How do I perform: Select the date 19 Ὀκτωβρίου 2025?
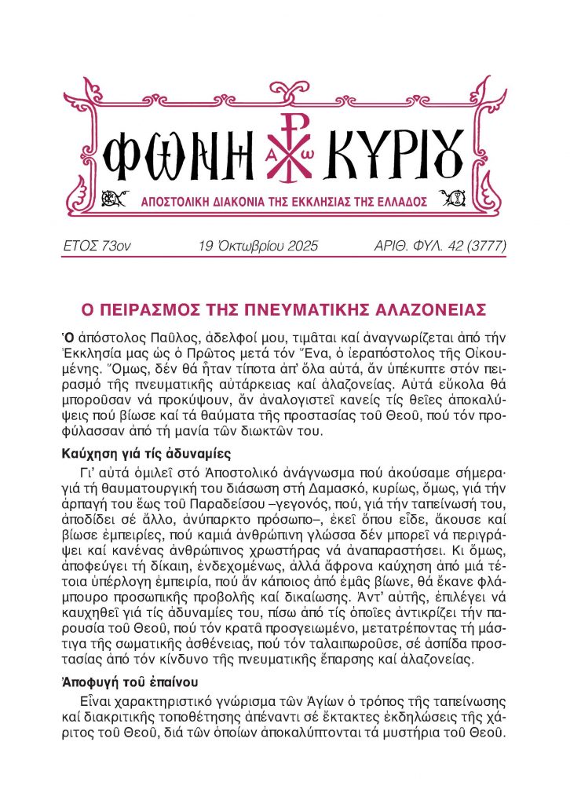tap(259, 247)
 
